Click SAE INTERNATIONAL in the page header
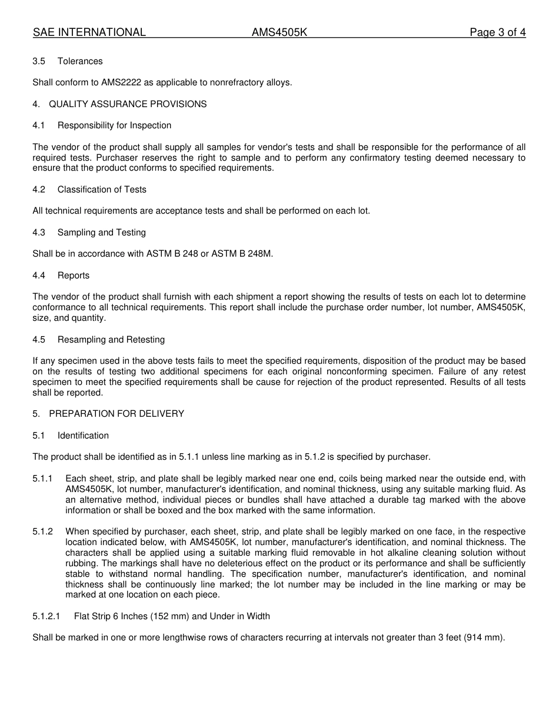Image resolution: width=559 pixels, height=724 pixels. [x=89, y=32]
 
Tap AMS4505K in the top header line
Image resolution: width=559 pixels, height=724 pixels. [x=279, y=32]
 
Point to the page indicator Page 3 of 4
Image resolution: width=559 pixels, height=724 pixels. [x=497, y=32]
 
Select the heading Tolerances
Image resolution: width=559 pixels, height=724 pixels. [x=80, y=61]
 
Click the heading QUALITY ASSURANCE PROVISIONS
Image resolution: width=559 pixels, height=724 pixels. [x=128, y=104]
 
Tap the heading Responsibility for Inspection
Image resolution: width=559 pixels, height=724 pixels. [x=114, y=125]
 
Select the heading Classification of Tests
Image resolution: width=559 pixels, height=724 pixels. [x=102, y=190]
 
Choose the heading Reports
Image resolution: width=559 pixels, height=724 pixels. [x=74, y=275]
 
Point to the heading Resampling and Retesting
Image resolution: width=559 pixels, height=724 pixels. [x=111, y=340]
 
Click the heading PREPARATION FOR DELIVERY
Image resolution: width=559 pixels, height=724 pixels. [x=117, y=414]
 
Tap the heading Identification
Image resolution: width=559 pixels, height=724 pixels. [x=83, y=436]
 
